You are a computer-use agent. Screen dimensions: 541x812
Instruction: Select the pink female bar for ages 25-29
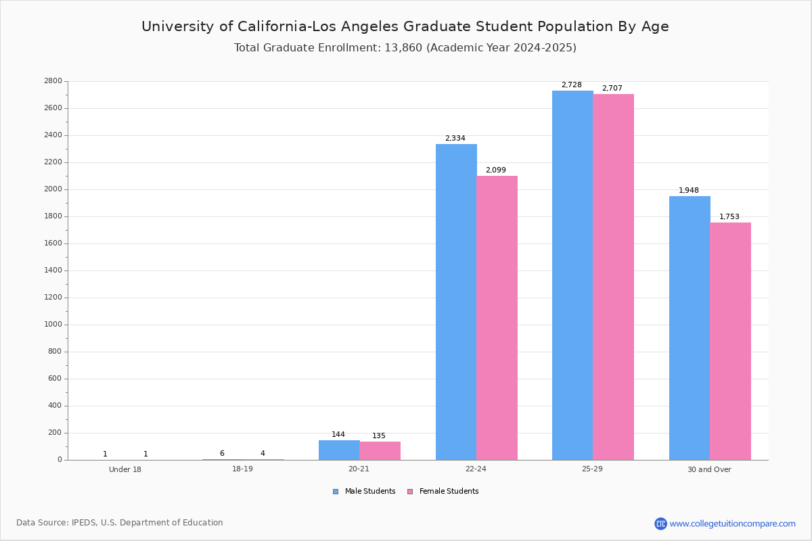[613, 277]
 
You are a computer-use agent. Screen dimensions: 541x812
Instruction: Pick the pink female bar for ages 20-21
[380, 450]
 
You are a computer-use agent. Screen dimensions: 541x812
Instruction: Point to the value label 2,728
[571, 85]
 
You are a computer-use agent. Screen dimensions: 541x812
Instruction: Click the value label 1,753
[729, 217]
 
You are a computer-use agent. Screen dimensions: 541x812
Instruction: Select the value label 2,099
[495, 170]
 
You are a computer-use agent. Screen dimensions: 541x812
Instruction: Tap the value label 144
[338, 435]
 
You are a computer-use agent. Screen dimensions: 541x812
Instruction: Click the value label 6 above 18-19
[222, 454]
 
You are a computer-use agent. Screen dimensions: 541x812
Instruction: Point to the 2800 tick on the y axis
[53, 81]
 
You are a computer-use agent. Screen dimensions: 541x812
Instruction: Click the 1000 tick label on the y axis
[53, 325]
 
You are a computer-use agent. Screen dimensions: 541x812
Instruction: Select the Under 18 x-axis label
[125, 469]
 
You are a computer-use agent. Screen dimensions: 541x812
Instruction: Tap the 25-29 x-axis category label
[592, 469]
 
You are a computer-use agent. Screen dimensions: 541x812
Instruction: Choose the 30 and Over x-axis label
[709, 469]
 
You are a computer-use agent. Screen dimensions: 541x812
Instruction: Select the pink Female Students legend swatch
[410, 492]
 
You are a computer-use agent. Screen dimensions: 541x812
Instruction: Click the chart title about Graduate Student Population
[405, 26]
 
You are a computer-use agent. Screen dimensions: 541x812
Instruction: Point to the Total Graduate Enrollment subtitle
[405, 48]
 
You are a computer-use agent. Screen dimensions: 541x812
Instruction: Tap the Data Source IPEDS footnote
[120, 523]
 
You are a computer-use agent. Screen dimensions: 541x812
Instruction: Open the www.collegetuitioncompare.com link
[732, 523]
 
